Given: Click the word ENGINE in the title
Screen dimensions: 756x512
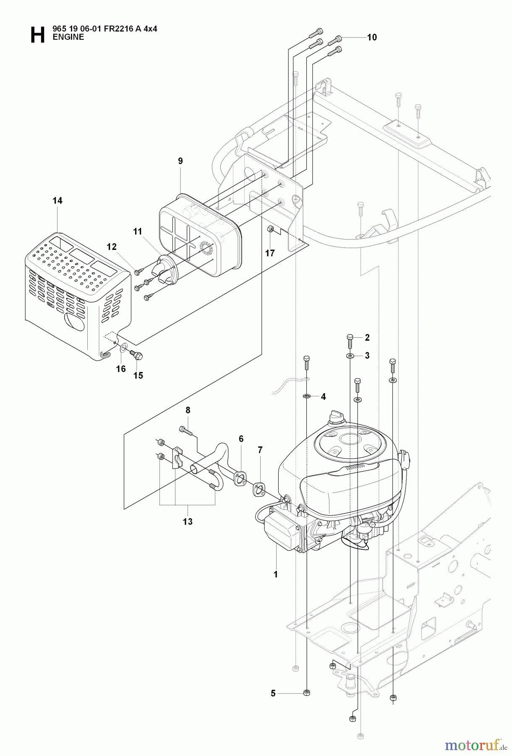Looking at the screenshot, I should [x=68, y=37].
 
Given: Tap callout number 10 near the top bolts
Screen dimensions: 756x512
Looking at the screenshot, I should [x=372, y=37].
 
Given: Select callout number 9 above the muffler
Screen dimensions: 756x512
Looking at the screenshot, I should [x=180, y=161].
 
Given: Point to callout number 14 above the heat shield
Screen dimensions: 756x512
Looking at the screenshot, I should [x=57, y=201].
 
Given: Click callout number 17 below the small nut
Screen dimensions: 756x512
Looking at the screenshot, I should [x=270, y=253].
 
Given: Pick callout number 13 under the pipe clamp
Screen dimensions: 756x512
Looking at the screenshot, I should [x=187, y=522].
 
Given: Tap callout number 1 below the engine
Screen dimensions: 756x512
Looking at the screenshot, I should [x=276, y=574].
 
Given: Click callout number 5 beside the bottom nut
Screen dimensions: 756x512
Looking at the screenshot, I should [x=273, y=693].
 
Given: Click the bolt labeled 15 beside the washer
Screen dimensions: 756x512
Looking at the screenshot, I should [x=136, y=355].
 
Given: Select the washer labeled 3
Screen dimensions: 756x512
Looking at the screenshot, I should [x=350, y=356].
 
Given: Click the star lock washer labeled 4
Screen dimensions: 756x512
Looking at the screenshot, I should [x=307, y=396].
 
